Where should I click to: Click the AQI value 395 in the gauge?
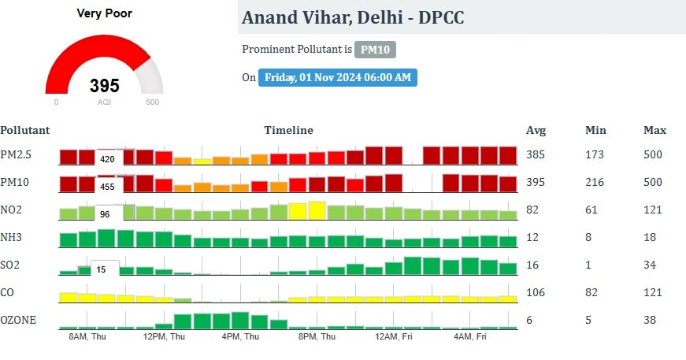104,86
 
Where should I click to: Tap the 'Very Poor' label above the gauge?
104,13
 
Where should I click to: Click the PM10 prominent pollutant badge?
374,50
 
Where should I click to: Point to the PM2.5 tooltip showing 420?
107,159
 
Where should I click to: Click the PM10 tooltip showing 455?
107,187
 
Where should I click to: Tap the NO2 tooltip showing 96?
104,213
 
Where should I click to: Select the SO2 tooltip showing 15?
101,269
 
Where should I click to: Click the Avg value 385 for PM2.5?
536,154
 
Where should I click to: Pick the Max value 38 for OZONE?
650,321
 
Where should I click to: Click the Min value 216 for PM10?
595,183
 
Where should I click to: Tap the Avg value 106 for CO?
536,293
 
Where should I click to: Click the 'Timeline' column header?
288,130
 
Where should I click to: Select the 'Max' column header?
654,130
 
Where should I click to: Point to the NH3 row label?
13,237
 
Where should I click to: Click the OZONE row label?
18,321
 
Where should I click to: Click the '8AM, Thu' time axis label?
87,336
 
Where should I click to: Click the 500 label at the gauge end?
153,102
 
